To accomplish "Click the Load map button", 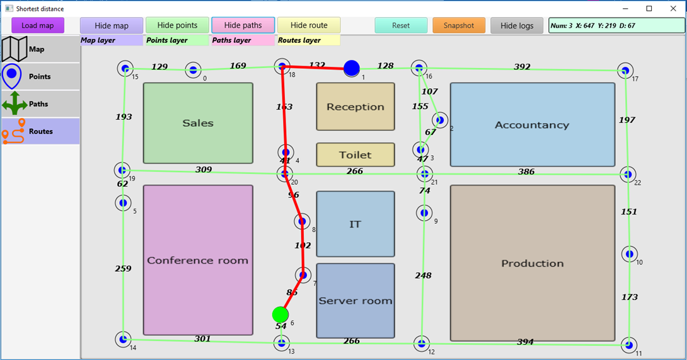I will click(x=38, y=25).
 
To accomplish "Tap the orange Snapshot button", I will click(x=458, y=25).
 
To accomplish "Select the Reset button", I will click(x=401, y=25).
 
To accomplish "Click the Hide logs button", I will click(x=517, y=25).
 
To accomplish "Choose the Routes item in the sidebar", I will click(x=40, y=131).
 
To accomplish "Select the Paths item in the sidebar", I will click(x=40, y=104).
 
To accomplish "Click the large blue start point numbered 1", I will click(x=352, y=68).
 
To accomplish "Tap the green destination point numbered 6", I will click(x=280, y=314).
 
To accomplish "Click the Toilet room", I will click(x=355, y=154).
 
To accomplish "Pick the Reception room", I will click(x=355, y=107).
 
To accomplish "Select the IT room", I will click(x=355, y=224).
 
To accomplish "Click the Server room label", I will click(x=355, y=301).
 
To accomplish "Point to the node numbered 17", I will click(x=625, y=71).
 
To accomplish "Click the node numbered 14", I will click(x=124, y=340).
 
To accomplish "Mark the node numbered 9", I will click(x=424, y=213).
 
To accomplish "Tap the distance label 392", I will click(x=522, y=67).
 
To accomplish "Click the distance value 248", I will click(x=423, y=276).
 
